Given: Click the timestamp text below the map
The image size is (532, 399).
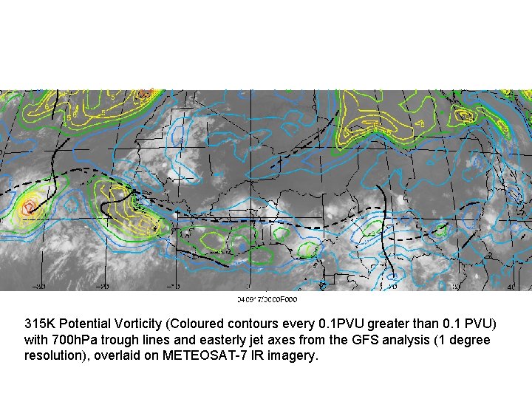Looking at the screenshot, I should tap(267, 299).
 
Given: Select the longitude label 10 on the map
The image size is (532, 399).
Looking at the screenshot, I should tap(392, 284).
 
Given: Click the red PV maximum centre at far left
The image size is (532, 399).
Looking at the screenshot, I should tap(29, 205).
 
